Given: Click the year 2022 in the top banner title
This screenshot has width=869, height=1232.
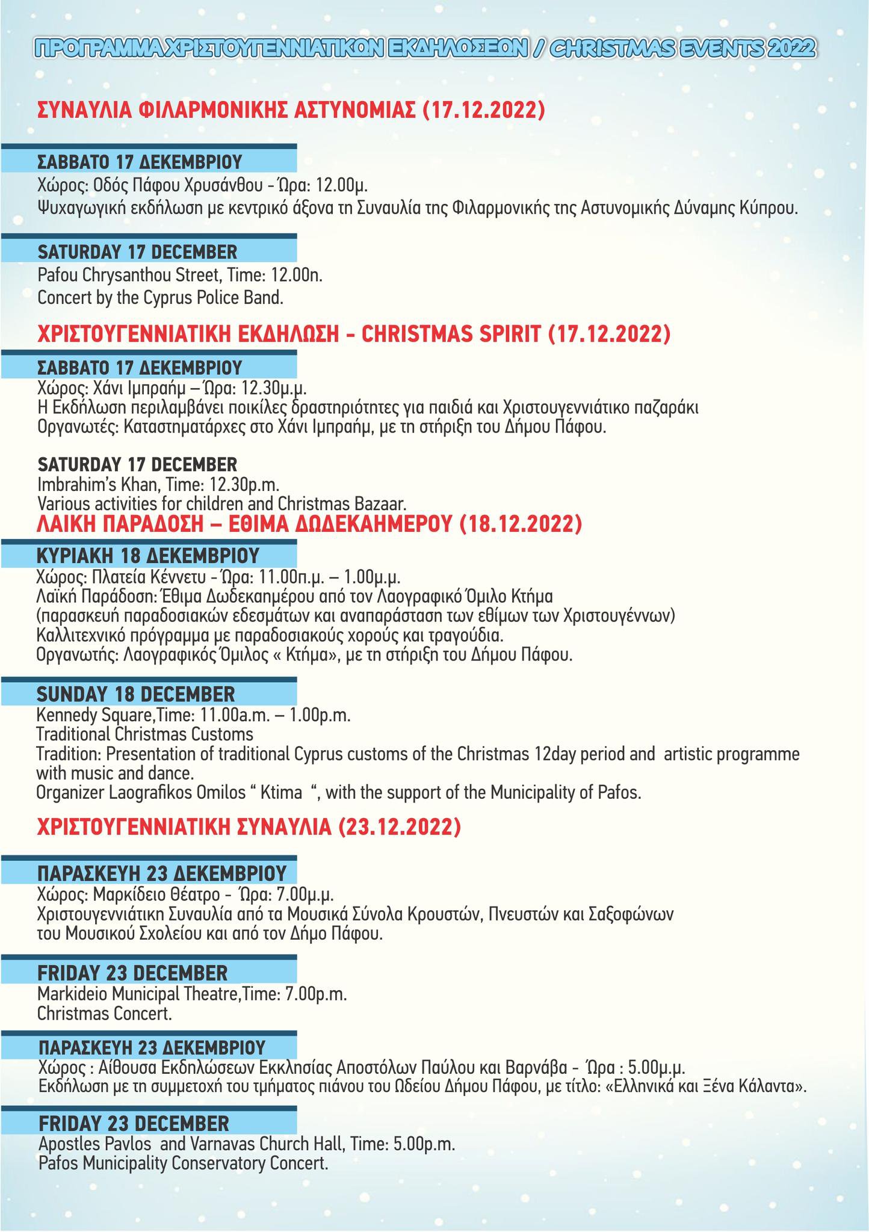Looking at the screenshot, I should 788,48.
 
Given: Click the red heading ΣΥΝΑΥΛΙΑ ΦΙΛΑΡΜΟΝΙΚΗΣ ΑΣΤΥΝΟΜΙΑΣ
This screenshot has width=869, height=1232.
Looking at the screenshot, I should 227,111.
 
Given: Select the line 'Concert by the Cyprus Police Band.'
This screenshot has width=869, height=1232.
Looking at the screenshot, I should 160,297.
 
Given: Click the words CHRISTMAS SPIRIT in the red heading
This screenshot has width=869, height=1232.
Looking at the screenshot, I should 452,334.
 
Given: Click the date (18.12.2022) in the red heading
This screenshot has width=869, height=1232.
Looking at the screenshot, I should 521,524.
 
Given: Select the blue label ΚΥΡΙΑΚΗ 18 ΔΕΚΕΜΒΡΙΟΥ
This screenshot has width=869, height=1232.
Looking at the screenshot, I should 148,555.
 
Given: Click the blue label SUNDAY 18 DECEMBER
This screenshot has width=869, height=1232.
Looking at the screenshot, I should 136,694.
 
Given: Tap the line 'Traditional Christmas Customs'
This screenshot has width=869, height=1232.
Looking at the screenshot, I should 144,735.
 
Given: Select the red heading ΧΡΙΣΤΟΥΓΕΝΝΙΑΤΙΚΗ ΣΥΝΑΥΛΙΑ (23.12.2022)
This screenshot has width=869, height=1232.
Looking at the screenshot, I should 249,828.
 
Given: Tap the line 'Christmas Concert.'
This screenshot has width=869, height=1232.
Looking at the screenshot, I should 105,1014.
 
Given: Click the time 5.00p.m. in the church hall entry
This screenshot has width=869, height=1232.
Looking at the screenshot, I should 424,1142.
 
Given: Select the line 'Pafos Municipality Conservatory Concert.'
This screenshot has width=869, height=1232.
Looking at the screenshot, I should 183,1163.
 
